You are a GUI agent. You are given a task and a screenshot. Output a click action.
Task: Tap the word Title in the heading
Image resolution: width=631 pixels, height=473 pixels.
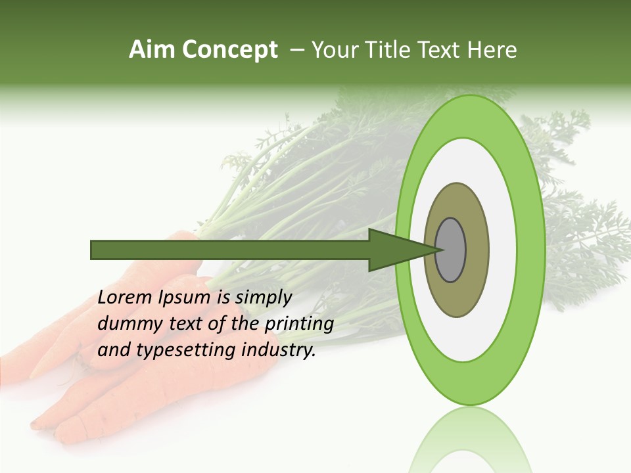click(x=393, y=50)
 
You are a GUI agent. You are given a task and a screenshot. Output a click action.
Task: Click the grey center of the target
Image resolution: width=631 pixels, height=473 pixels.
click(x=451, y=250)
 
